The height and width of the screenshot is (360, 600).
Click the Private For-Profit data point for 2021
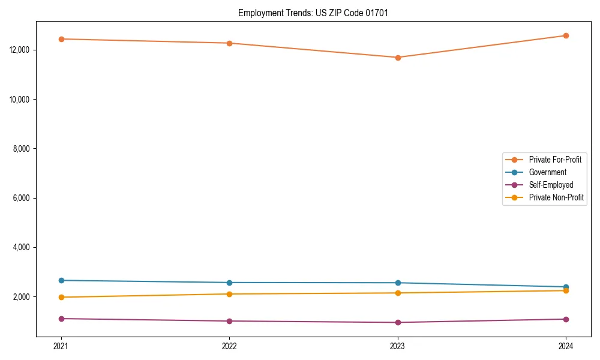pos(61,39)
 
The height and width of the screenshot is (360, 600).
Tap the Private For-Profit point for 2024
pos(566,35)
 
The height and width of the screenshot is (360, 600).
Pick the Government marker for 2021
pos(61,280)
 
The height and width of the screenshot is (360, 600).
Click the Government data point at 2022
pos(229,283)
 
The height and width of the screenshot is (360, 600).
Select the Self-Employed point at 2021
pos(61,319)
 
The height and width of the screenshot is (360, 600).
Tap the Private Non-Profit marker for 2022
pos(229,294)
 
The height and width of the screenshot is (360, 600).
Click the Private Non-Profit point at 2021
pos(61,297)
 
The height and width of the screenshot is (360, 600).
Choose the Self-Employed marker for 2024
pos(566,319)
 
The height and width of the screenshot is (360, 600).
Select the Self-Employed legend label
pos(551,185)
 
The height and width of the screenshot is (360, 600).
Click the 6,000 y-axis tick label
pos(22,198)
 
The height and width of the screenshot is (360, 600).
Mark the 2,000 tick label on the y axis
pos(22,297)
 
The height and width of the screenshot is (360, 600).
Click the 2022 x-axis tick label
pos(229,346)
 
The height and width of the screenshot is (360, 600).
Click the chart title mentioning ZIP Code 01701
pos(313,13)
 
